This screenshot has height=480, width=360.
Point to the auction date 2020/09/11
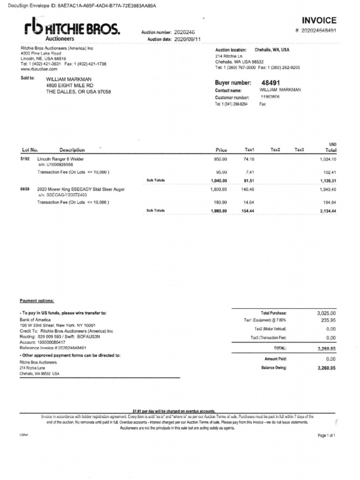point(187,39)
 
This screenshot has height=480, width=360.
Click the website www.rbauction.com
point(39,68)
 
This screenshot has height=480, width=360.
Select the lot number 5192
point(25,159)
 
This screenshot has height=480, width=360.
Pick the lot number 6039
point(25,189)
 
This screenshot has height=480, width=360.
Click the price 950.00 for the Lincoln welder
point(220,159)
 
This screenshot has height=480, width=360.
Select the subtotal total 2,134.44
point(327,211)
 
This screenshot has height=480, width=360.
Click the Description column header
point(72,150)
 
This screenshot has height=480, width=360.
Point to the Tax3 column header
point(299,150)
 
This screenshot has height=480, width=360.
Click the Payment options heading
point(37,300)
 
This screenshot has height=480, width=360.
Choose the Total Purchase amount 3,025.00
point(326,313)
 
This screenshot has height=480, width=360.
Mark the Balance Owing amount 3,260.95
point(326,368)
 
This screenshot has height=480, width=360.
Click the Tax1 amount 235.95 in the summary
point(327,320)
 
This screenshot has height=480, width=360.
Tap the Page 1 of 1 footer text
point(327,435)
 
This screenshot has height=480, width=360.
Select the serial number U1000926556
point(59,165)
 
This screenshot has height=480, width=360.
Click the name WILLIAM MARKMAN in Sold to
point(68,79)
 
